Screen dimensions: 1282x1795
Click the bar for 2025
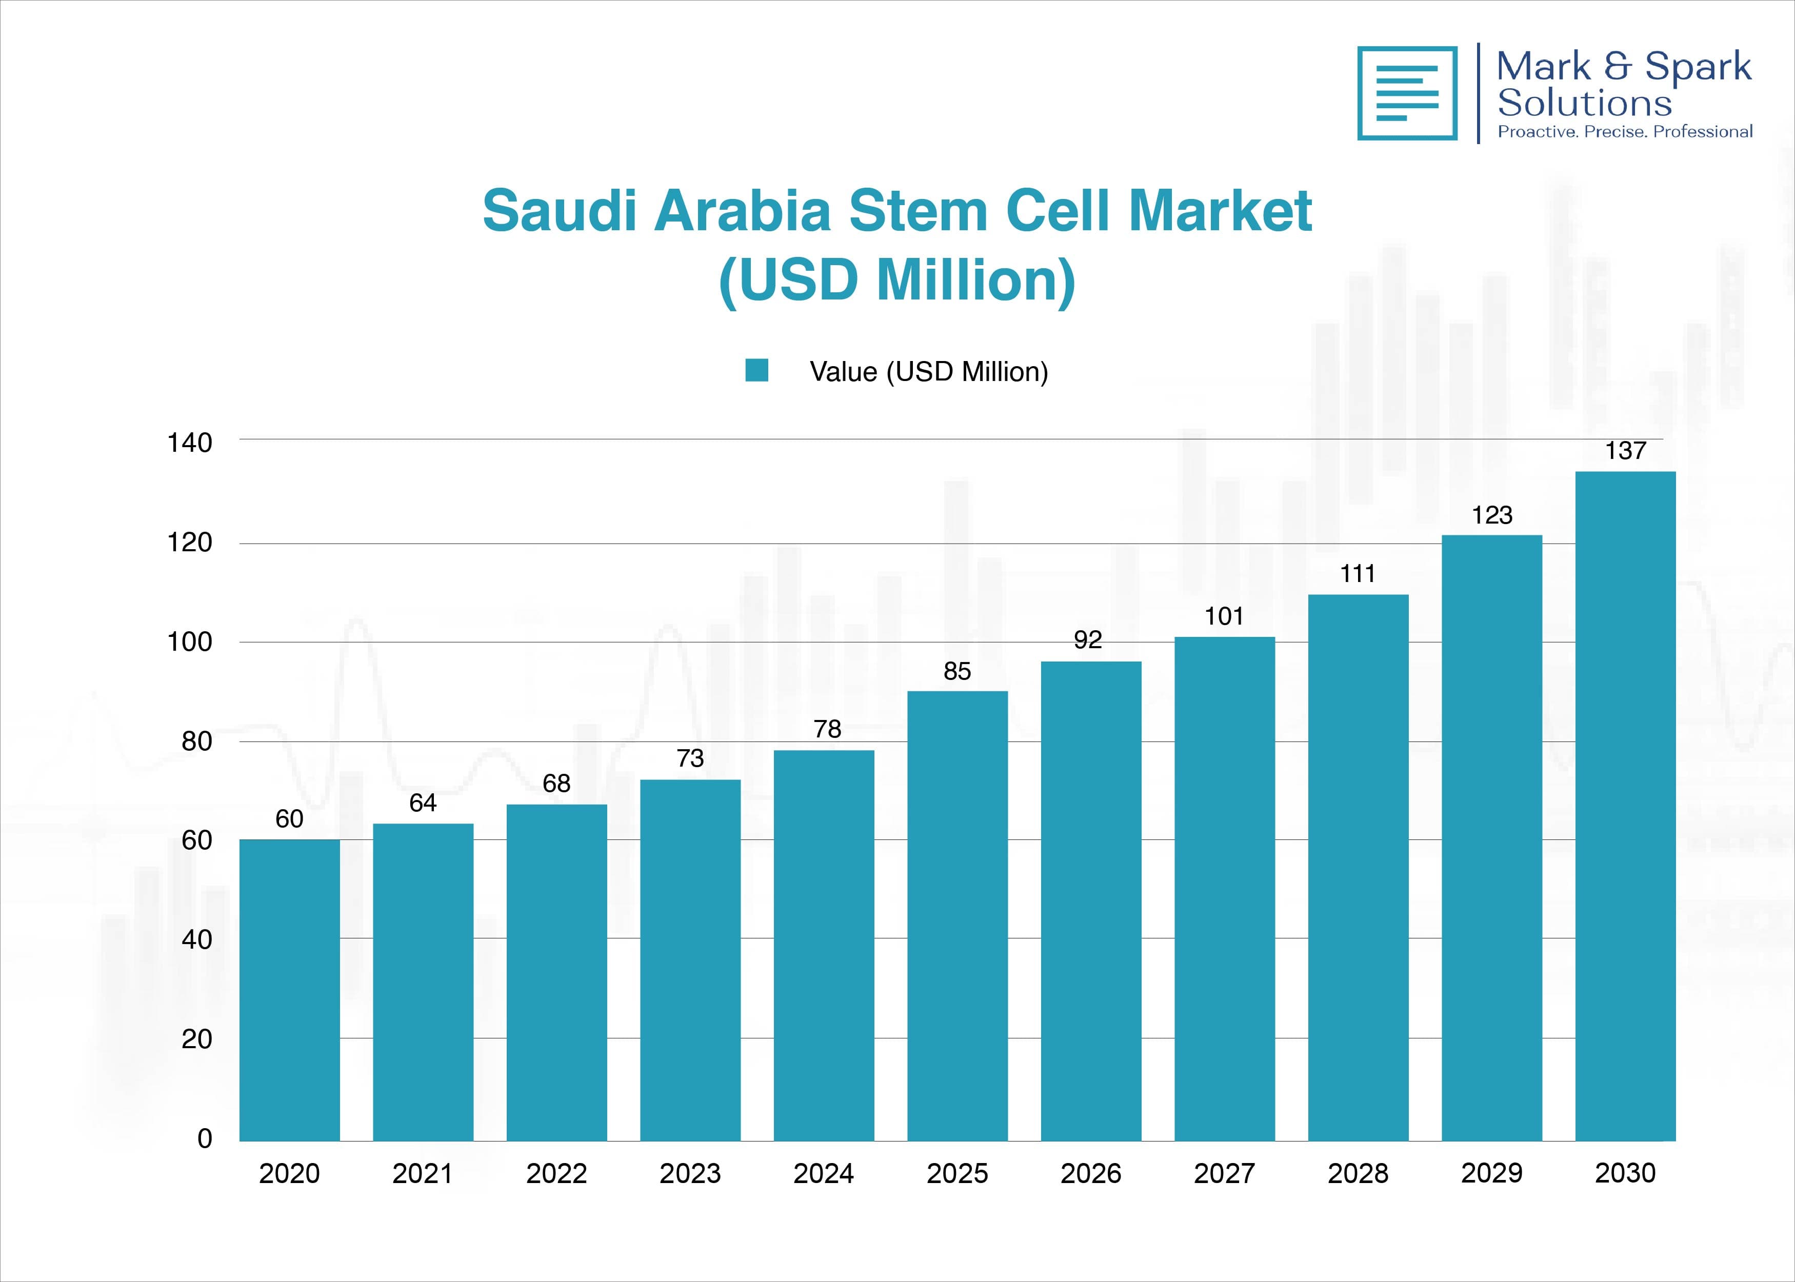[958, 916]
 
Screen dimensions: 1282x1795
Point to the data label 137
[1625, 451]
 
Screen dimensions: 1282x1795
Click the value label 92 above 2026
[1088, 639]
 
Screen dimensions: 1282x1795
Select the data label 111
[1358, 573]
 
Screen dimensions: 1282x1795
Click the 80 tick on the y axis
[196, 742]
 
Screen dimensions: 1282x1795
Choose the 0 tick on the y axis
[205, 1138]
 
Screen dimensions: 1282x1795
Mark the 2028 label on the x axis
[1358, 1174]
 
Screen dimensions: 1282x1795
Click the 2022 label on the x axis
[556, 1174]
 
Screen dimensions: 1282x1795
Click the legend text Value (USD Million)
[928, 371]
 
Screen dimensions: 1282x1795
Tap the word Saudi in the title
[559, 212]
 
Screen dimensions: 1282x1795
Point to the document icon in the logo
[1407, 93]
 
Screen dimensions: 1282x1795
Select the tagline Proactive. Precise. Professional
[1625, 132]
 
